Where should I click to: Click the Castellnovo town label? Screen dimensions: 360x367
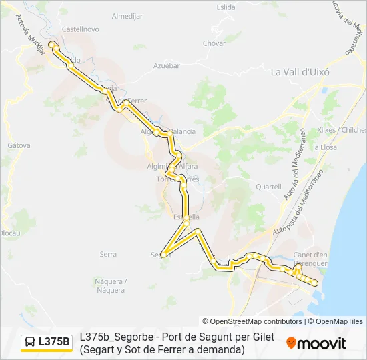[x=80, y=29]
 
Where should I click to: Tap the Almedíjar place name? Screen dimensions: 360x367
[x=128, y=15]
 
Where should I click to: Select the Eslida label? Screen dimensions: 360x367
[x=226, y=7]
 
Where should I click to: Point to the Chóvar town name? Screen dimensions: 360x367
[x=214, y=43]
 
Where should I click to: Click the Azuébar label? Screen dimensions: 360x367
[x=167, y=65]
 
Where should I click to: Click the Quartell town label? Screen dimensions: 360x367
[x=268, y=187]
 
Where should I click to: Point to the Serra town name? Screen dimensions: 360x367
[x=107, y=254]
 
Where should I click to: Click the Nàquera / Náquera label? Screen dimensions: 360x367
[x=110, y=285]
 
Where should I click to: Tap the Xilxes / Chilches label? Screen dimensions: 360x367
[x=342, y=129]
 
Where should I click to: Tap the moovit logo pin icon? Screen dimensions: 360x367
[x=292, y=343]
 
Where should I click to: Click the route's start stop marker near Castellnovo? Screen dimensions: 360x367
[x=51, y=45]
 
